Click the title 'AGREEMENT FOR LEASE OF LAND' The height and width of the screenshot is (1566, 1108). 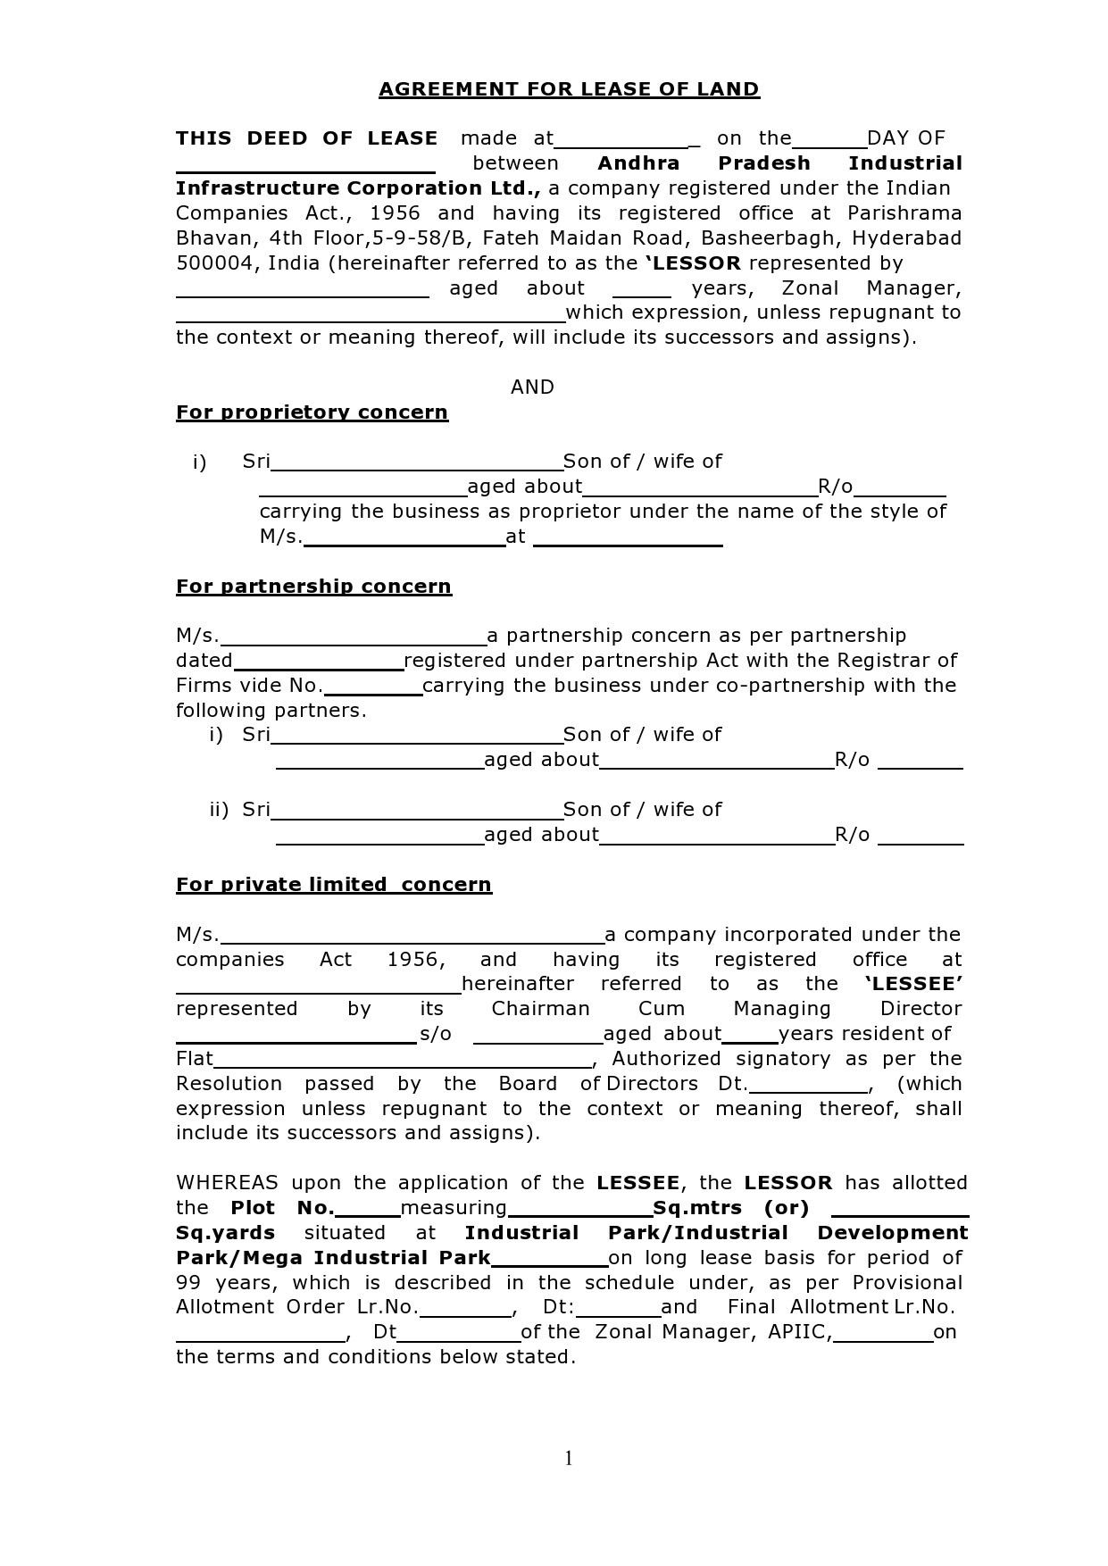[x=569, y=89]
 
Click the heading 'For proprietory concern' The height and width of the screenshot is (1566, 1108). [x=312, y=412]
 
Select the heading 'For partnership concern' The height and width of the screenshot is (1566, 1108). [x=313, y=587]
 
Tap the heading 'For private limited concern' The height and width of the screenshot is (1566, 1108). [x=333, y=885]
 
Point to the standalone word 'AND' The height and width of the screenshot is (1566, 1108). [x=532, y=387]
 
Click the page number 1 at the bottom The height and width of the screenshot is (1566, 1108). [x=569, y=1458]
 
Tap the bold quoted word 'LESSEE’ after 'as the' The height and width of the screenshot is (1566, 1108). [x=913, y=984]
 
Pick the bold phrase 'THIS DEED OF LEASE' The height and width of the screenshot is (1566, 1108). [x=306, y=138]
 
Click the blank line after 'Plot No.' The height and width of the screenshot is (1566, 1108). [x=368, y=1214]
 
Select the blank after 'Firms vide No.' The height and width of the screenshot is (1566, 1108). [x=372, y=692]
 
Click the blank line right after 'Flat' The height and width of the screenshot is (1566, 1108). [x=403, y=1065]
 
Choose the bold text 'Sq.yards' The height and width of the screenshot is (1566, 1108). [x=225, y=1233]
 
